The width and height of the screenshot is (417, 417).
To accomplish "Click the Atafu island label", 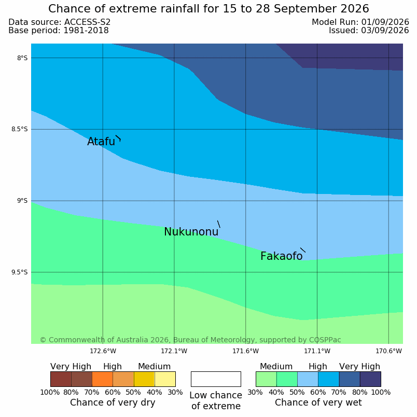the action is pyautogui.click(x=101, y=142).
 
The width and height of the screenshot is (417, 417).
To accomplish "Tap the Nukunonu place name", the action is pyautogui.click(x=191, y=232).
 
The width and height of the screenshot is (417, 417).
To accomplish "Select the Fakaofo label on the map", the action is pyautogui.click(x=281, y=256).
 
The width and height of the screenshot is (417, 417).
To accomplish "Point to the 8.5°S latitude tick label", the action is pyautogui.click(x=19, y=129).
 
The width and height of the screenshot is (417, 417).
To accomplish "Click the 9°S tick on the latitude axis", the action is pyautogui.click(x=22, y=201).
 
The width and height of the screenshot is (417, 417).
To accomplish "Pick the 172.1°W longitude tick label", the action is pyautogui.click(x=174, y=351).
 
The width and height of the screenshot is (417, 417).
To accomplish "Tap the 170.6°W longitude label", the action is pyautogui.click(x=388, y=351).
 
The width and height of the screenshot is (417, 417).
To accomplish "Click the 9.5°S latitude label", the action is pyautogui.click(x=19, y=272).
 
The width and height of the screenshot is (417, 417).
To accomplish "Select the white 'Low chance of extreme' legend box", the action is pyautogui.click(x=216, y=379).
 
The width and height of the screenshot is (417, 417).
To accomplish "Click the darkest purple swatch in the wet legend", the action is pyautogui.click(x=370, y=379).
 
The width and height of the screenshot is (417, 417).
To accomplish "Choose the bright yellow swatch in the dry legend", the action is pyautogui.click(x=144, y=379).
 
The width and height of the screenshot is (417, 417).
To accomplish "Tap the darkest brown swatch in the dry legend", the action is pyautogui.click(x=61, y=379).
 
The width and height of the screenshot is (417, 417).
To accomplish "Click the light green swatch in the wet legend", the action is pyautogui.click(x=266, y=379).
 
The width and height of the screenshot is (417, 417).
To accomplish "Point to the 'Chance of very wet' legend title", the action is pyautogui.click(x=318, y=402).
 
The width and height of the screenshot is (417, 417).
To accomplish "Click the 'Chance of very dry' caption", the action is pyautogui.click(x=113, y=402).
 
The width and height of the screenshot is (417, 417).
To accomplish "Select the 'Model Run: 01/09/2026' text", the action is pyautogui.click(x=360, y=22).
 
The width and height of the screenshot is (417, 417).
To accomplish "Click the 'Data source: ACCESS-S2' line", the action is pyautogui.click(x=60, y=22).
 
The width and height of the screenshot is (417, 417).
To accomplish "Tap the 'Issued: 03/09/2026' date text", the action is pyautogui.click(x=369, y=30).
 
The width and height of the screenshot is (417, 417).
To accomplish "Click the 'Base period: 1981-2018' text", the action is pyautogui.click(x=59, y=30).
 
